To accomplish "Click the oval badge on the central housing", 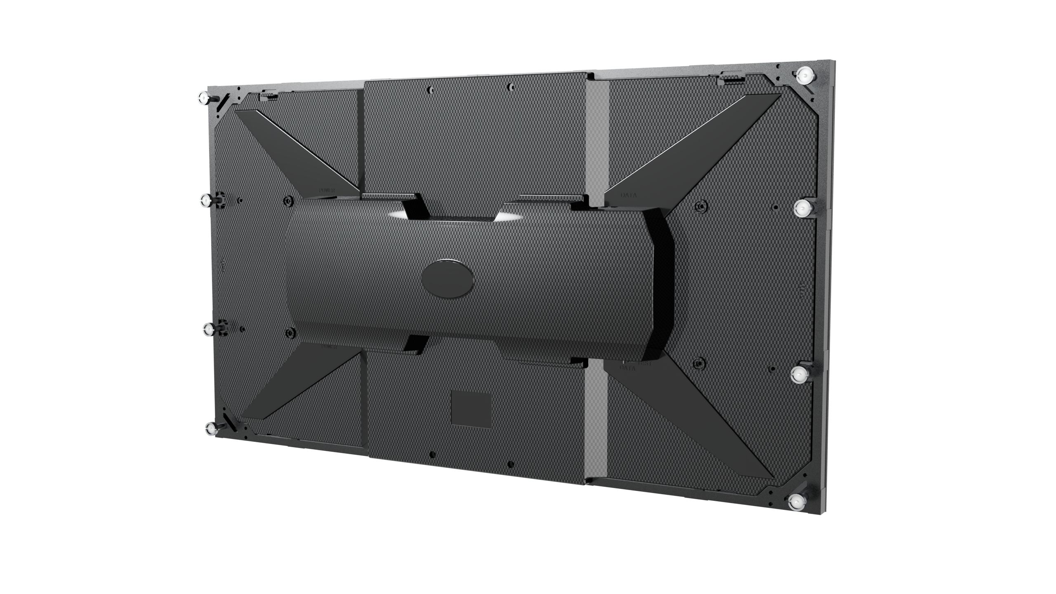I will (448, 277).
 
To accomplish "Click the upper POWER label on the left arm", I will (328, 191).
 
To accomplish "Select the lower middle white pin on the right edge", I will (799, 375).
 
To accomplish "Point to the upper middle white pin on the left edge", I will (205, 200).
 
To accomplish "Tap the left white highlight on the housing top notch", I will (398, 215).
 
